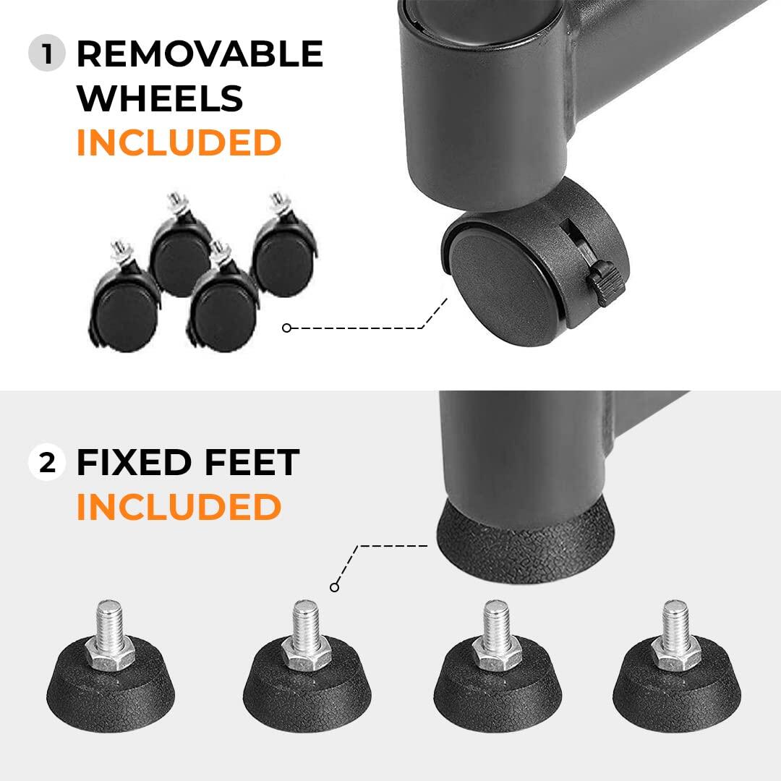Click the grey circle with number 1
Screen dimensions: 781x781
[48, 55]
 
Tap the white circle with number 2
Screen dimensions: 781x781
[47, 463]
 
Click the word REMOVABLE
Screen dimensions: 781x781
[200, 55]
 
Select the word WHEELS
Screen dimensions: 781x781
[159, 98]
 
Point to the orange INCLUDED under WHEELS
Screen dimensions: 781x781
[178, 142]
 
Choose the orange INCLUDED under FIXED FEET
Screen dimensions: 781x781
[178, 507]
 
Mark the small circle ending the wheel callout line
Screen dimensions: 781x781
[286, 328]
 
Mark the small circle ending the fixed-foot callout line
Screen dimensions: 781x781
[334, 587]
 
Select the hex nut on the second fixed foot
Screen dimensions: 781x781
[305, 654]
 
